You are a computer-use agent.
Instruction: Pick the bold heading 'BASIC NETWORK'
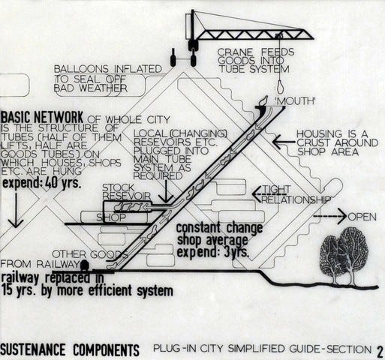coord(42,118)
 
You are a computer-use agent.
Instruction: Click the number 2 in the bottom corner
coord(380,349)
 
